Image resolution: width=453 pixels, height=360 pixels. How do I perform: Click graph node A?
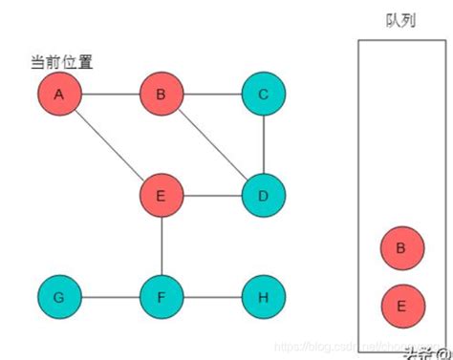point(59,95)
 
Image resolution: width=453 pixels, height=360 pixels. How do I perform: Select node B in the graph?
point(161,95)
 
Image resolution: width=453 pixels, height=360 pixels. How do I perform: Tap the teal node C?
point(263,95)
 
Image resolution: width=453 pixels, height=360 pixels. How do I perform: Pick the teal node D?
point(263,197)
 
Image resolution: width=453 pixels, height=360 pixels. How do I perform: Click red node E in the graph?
point(161,197)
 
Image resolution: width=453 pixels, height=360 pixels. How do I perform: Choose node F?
point(161,298)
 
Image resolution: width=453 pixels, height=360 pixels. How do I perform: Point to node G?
point(59,298)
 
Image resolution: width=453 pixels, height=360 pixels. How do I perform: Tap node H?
point(263,298)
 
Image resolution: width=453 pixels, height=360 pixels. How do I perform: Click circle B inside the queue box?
point(400,249)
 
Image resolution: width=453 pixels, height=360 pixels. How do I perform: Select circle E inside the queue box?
point(400,306)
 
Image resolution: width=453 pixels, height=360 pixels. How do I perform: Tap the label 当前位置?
point(62,63)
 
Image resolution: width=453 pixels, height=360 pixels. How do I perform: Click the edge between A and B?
point(110,95)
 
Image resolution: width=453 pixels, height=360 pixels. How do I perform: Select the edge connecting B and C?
point(211,95)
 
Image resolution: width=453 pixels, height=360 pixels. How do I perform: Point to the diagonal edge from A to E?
point(110,146)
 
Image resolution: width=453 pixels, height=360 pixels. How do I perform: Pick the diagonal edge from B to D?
point(211,146)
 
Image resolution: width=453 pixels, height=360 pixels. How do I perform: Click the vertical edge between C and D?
point(263,146)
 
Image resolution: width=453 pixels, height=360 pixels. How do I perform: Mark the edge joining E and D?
point(211,197)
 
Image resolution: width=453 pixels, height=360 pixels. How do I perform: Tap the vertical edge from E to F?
point(161,247)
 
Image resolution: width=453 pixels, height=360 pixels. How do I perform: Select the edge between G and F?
point(110,298)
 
